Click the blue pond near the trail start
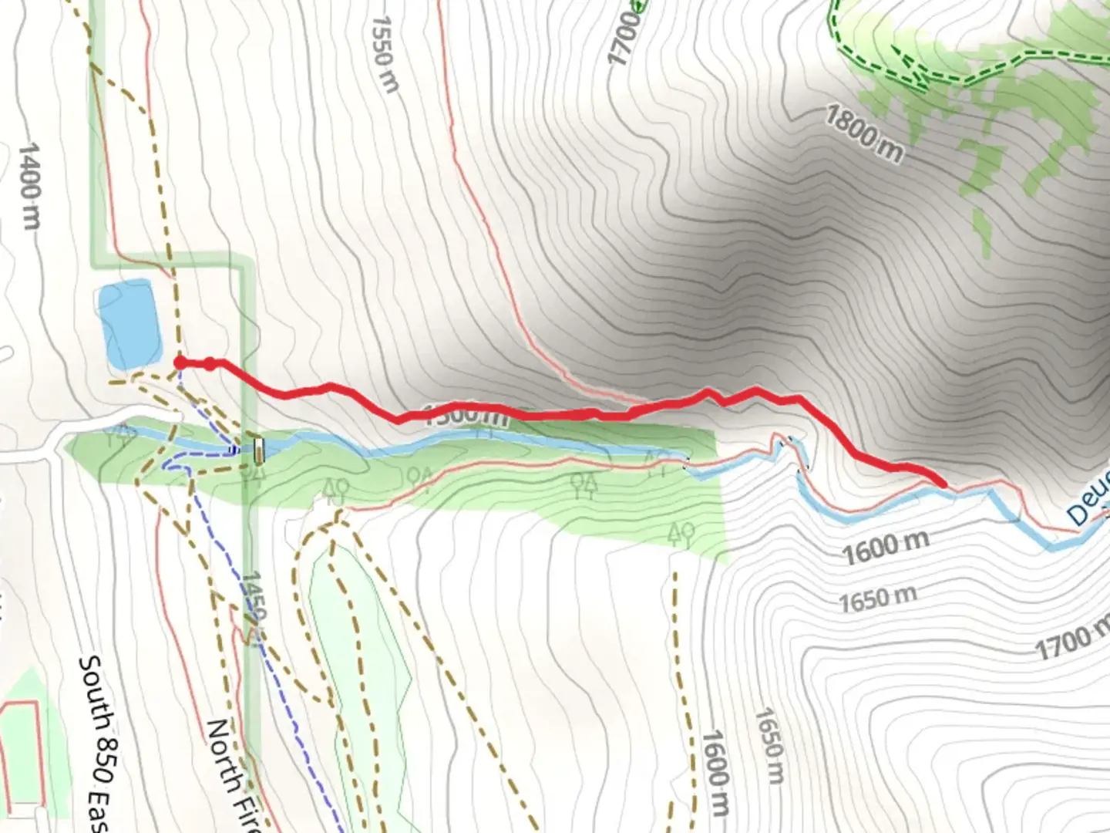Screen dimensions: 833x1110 (x=129, y=324)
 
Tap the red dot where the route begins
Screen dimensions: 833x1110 (x=180, y=363)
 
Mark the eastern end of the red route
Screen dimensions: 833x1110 (x=941, y=483)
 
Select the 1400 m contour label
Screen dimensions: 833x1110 (x=29, y=185)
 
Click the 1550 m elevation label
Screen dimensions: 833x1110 (x=385, y=54)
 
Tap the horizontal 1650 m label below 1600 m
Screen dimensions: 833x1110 (x=878, y=598)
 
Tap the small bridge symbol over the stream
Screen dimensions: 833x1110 (x=258, y=450)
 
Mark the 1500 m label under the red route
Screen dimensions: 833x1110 (x=467, y=415)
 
